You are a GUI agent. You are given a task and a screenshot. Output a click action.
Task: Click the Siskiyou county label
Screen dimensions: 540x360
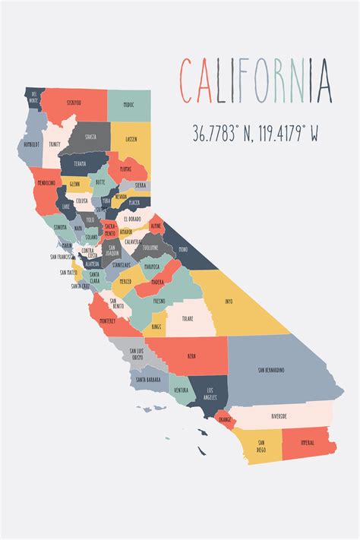(74, 102)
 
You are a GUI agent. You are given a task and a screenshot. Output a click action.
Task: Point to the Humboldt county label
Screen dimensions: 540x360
(32, 142)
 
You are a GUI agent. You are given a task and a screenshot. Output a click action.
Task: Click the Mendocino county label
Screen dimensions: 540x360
(46, 182)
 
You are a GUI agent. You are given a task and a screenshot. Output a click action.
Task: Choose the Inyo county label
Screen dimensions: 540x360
(229, 301)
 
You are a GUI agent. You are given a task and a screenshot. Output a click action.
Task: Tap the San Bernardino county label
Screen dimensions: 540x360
(270, 370)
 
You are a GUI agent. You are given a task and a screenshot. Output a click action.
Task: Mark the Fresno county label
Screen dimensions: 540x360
(159, 301)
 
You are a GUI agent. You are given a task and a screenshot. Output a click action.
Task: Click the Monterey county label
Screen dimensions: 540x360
(108, 321)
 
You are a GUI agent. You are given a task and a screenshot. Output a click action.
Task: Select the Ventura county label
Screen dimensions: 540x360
(181, 390)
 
